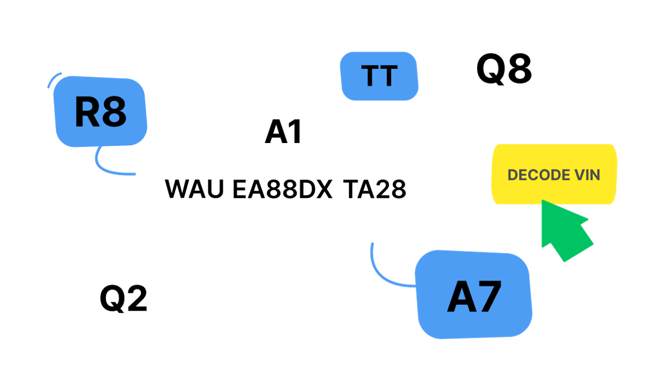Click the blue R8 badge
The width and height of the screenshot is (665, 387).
[x=100, y=111]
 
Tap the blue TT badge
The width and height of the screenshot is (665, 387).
[x=379, y=76]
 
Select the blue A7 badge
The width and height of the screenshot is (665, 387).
[x=473, y=294]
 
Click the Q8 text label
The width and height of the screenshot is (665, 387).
[x=504, y=69]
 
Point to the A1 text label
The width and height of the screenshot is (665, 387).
[x=284, y=131]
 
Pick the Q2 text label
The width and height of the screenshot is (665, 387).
[x=124, y=298]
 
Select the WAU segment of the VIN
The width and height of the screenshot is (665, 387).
[x=194, y=189]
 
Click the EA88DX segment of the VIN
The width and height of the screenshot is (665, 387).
[x=282, y=189]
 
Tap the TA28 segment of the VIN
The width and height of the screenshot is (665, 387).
[x=375, y=189]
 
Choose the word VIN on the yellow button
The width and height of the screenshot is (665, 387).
[x=587, y=175]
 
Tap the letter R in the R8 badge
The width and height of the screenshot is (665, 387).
[x=87, y=111]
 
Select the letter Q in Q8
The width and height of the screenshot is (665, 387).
[x=490, y=69]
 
